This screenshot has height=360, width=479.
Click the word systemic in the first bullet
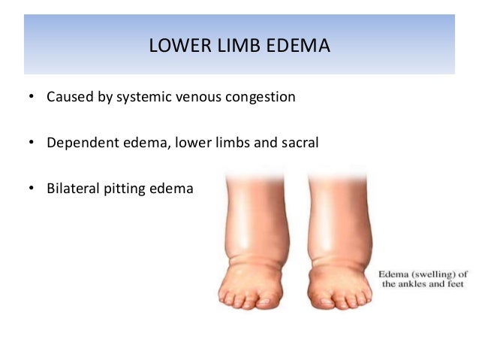(x=144, y=98)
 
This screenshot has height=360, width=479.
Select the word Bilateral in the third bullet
(x=72, y=188)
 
